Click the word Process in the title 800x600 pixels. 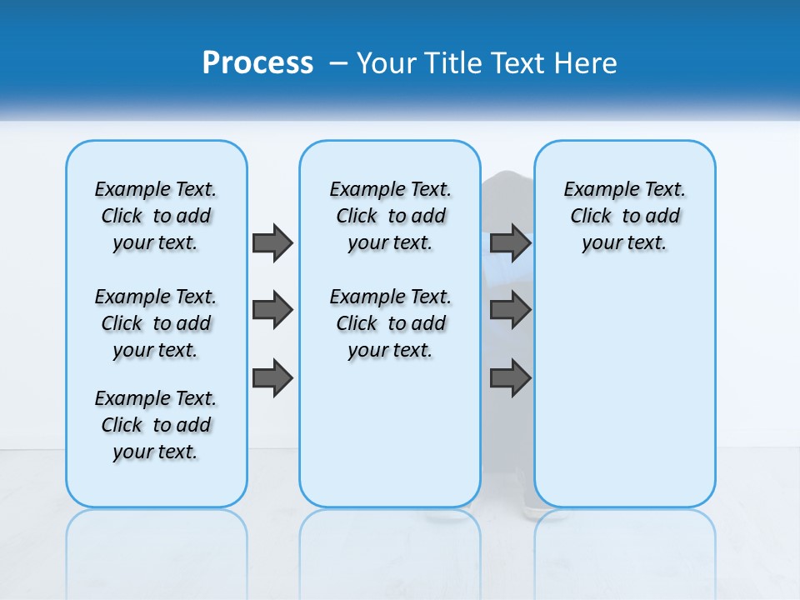257,63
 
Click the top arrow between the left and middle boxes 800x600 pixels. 272,242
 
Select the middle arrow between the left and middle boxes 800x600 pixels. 272,311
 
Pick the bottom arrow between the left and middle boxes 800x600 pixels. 272,378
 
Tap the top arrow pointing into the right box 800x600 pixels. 510,242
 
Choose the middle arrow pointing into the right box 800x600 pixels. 510,311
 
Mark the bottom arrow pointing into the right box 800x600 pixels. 510,378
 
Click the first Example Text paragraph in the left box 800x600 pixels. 156,216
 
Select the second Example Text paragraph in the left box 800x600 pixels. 156,323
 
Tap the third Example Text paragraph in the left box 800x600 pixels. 156,425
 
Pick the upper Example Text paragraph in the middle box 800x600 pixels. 390,216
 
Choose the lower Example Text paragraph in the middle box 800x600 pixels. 390,323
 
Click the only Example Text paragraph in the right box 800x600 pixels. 624,216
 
